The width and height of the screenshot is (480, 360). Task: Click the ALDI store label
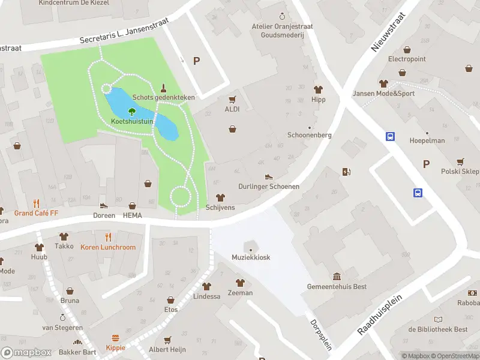232,109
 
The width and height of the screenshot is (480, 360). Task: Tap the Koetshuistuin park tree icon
132,111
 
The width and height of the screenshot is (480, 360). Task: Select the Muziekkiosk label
251,257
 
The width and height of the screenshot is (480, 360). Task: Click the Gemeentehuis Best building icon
337,277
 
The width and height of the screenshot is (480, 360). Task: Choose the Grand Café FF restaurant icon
36,203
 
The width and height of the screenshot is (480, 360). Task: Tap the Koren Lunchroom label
108,247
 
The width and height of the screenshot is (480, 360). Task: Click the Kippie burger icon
117,338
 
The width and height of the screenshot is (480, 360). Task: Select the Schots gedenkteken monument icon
163,88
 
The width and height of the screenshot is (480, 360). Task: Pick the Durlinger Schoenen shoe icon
269,176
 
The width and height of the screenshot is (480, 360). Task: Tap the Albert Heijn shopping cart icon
167,340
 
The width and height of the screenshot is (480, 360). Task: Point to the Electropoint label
407,59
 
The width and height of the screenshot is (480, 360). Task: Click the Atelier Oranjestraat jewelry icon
283,16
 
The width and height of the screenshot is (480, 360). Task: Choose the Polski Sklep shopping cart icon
460,161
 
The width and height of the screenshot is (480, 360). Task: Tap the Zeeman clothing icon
240,283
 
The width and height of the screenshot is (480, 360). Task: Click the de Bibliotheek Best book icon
438,319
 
